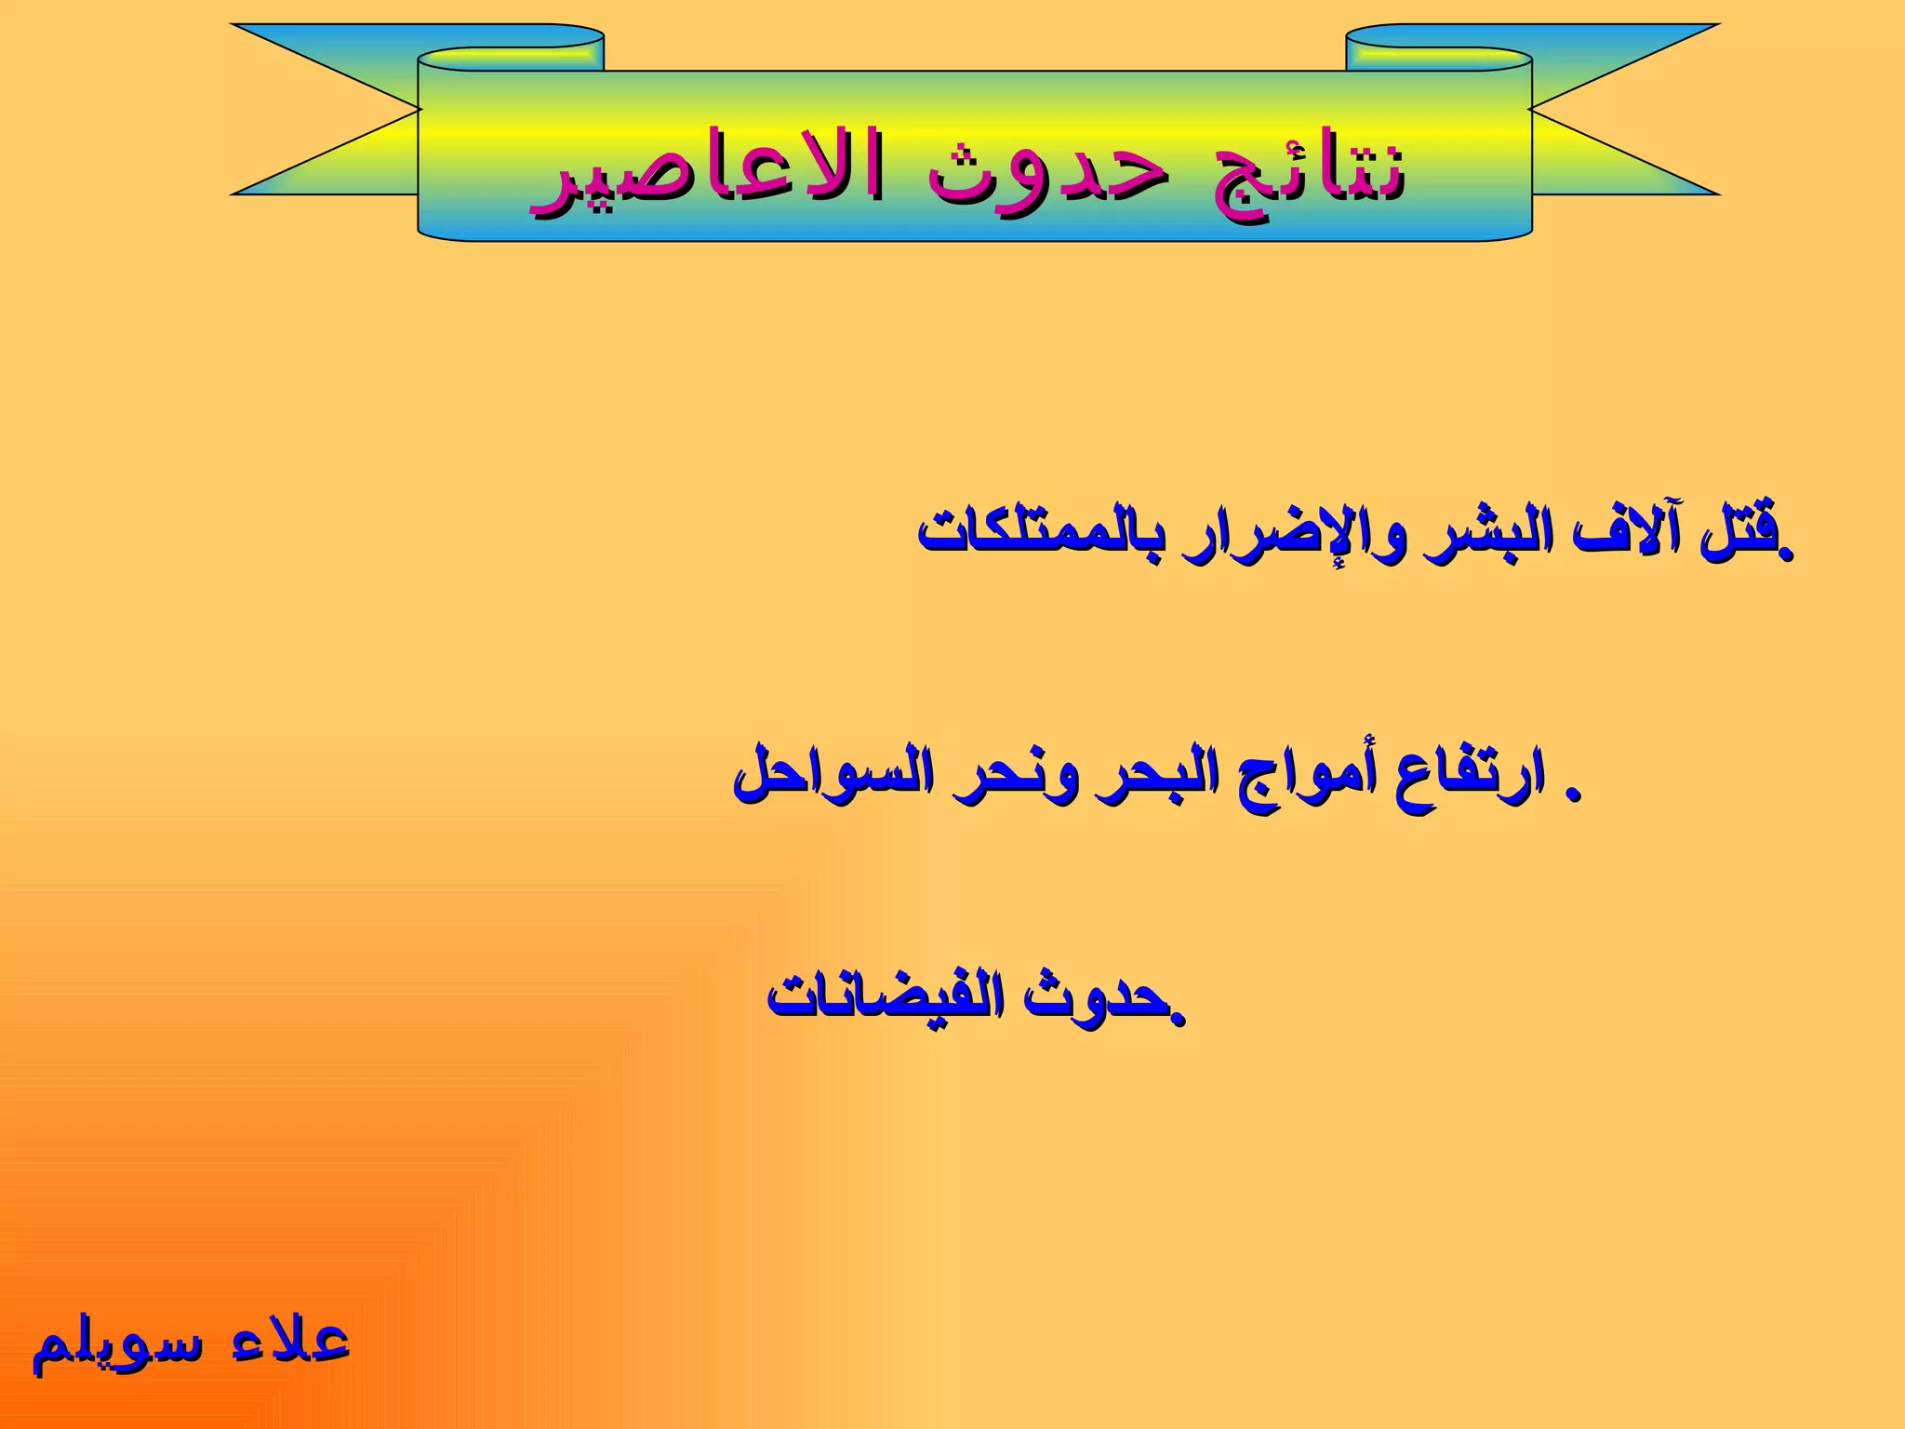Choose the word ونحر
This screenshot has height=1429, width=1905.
click(x=1018, y=776)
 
